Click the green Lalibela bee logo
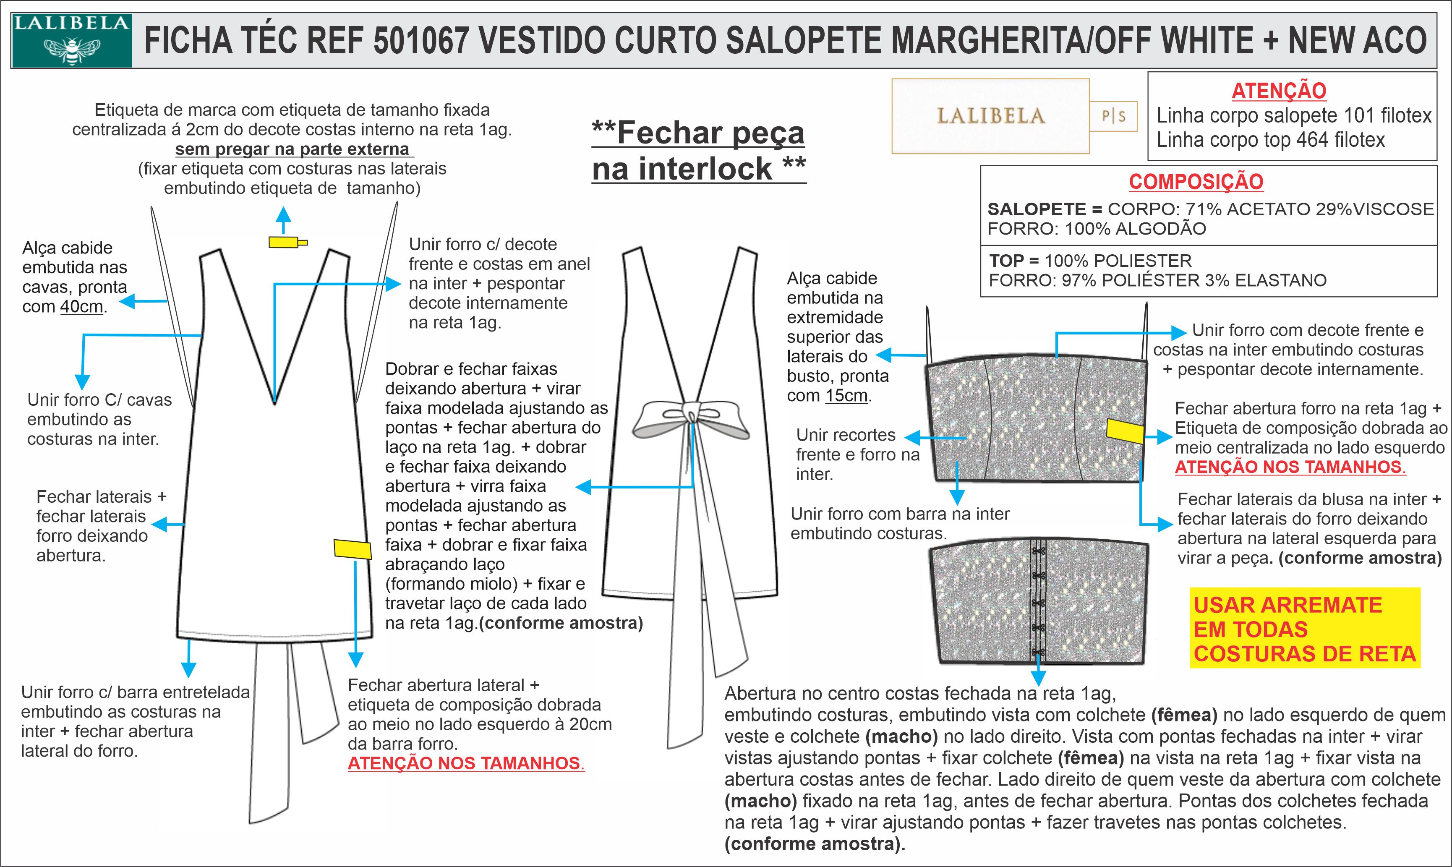[x=71, y=40]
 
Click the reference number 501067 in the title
[x=421, y=41]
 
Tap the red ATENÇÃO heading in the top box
[x=1279, y=91]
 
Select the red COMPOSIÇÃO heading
[x=1196, y=182]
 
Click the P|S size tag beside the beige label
[x=1113, y=116]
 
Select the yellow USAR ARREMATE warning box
[x=1305, y=629]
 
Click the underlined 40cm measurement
[x=82, y=307]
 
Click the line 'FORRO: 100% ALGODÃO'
[x=1096, y=228]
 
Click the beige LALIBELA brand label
[x=990, y=116]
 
